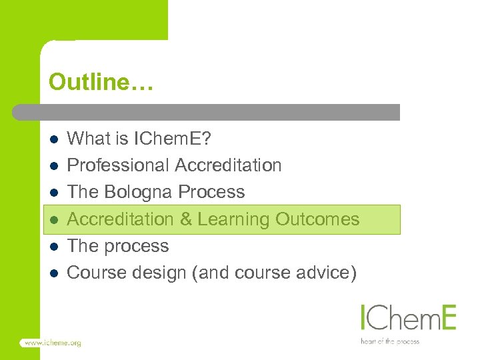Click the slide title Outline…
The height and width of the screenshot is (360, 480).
click(101, 83)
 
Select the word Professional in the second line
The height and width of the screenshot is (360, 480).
click(119, 165)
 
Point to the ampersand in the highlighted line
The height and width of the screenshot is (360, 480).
click(186, 219)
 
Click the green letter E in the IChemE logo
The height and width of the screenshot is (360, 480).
click(447, 317)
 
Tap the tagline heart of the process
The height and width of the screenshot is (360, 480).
click(389, 341)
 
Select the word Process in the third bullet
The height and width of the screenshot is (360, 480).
click(212, 193)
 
